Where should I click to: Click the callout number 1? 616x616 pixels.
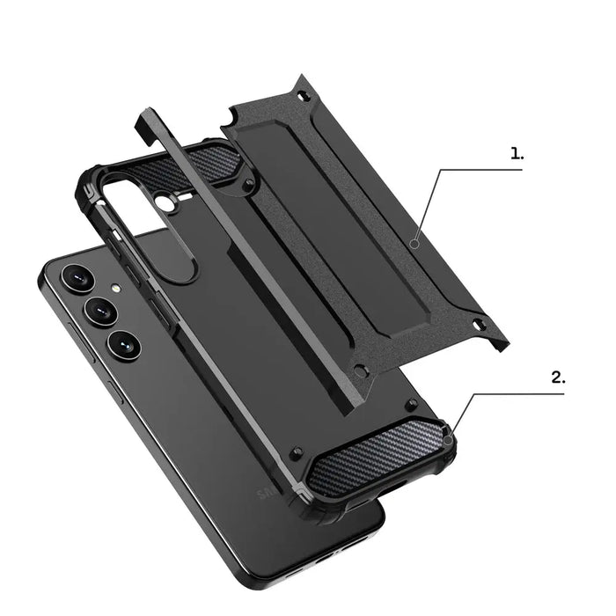click(517, 153)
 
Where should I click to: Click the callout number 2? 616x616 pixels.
click(558, 378)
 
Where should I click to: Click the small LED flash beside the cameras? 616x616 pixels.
click(114, 287)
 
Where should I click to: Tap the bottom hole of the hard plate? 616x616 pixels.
click(358, 370)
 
